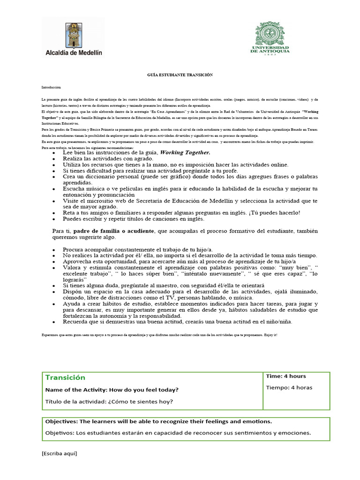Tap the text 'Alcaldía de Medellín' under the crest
point(73,53)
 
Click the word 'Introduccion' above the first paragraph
point(51,88)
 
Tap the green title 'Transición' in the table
point(65,377)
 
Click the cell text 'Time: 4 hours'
point(286,376)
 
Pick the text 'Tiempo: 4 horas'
point(289,387)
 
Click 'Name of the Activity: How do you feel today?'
point(112,390)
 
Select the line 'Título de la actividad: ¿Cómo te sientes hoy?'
point(109,401)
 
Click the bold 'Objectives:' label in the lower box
point(62,421)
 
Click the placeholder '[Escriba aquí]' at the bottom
point(59,453)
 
